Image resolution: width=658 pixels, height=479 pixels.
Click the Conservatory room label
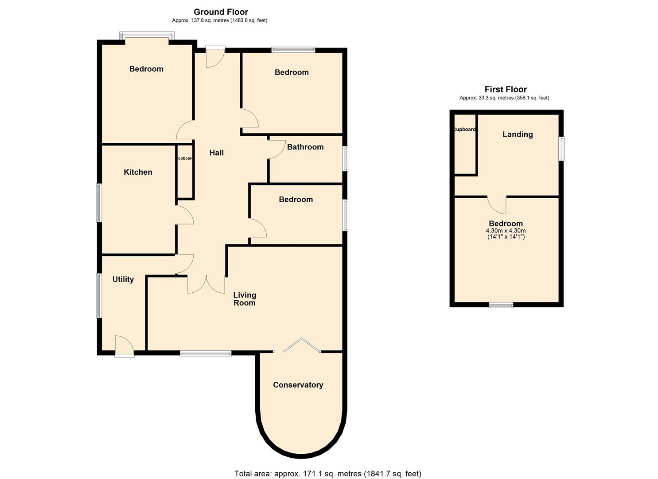click(x=298, y=385)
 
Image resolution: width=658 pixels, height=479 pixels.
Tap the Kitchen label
click(x=138, y=172)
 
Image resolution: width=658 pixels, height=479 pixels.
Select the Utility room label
click(x=123, y=279)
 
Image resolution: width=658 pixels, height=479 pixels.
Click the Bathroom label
click(x=305, y=147)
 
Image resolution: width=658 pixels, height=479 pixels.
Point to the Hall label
click(x=216, y=153)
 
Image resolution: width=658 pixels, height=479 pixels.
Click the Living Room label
click(x=245, y=299)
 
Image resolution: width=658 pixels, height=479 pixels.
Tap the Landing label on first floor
click(x=517, y=134)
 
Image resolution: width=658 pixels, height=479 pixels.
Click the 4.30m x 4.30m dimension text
click(x=506, y=231)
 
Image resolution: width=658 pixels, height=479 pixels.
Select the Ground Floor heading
click(x=221, y=12)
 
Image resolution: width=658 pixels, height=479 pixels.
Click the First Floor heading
click(x=505, y=89)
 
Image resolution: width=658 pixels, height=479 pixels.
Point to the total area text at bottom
click(x=327, y=474)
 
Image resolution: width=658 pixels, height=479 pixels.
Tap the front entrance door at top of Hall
click(x=215, y=57)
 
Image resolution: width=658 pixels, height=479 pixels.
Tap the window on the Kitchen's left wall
click(x=99, y=203)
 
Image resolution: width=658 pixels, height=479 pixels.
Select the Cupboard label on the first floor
click(x=464, y=130)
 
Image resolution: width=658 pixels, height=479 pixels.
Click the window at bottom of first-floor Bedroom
click(x=501, y=305)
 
